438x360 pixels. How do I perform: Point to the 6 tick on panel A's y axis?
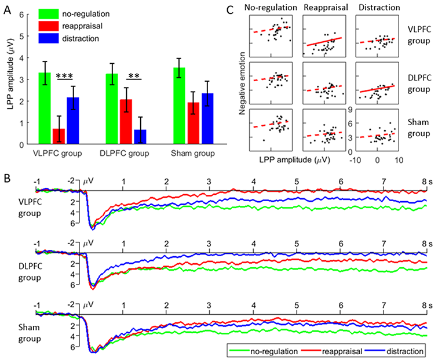21,14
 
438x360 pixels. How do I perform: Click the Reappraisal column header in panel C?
324,9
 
